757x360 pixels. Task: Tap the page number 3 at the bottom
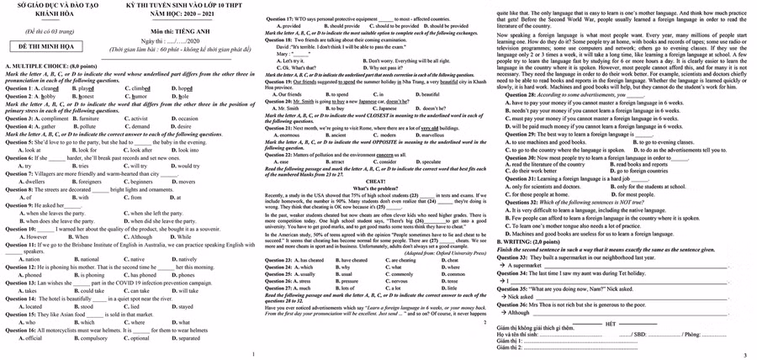tap(745, 355)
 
